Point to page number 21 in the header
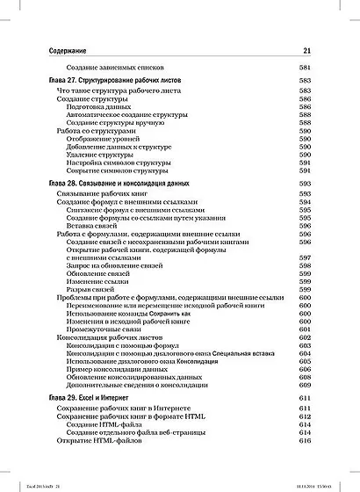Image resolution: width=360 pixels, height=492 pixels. [x=306, y=51]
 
